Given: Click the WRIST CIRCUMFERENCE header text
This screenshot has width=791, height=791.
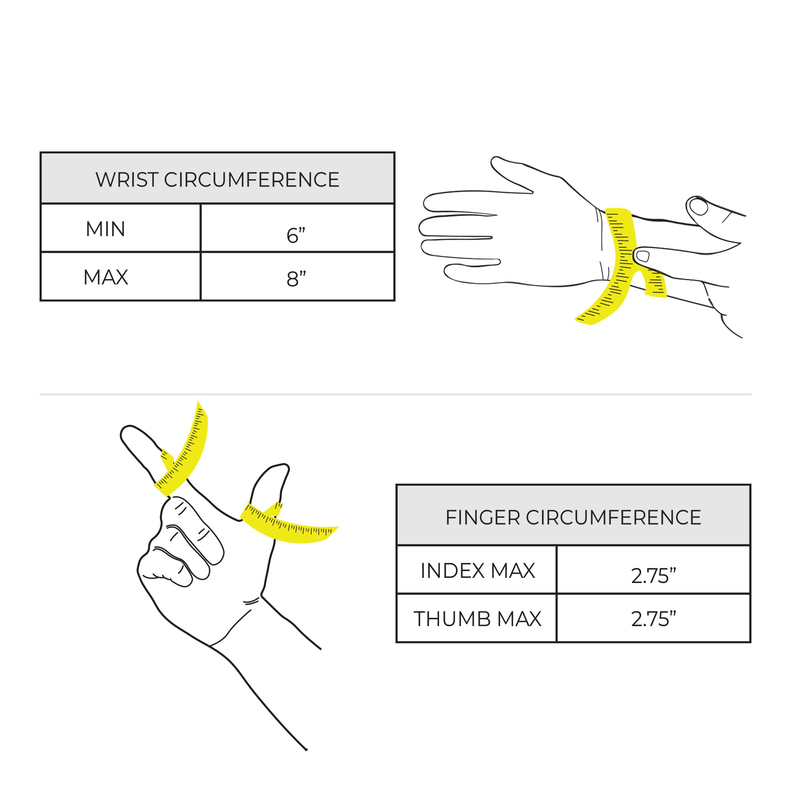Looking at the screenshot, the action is (x=218, y=180).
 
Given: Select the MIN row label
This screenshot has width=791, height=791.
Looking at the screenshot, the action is (x=105, y=229).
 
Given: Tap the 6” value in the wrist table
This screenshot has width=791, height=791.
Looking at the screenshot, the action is (x=296, y=235).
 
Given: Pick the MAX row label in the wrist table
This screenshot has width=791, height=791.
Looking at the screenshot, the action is (x=106, y=277).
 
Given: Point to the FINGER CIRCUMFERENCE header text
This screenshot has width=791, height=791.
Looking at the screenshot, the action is (x=573, y=517).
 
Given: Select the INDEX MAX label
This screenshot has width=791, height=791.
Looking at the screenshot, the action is (x=478, y=571).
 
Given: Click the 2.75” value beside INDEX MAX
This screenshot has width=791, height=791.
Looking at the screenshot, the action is (x=653, y=575).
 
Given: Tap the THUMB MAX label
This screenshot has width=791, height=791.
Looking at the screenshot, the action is (x=477, y=619).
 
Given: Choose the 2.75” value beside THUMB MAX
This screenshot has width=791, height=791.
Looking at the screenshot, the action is (x=653, y=619).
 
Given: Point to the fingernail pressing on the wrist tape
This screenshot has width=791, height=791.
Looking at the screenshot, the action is (x=643, y=256).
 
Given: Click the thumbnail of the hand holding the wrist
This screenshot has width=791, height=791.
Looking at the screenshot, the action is (x=698, y=206).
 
